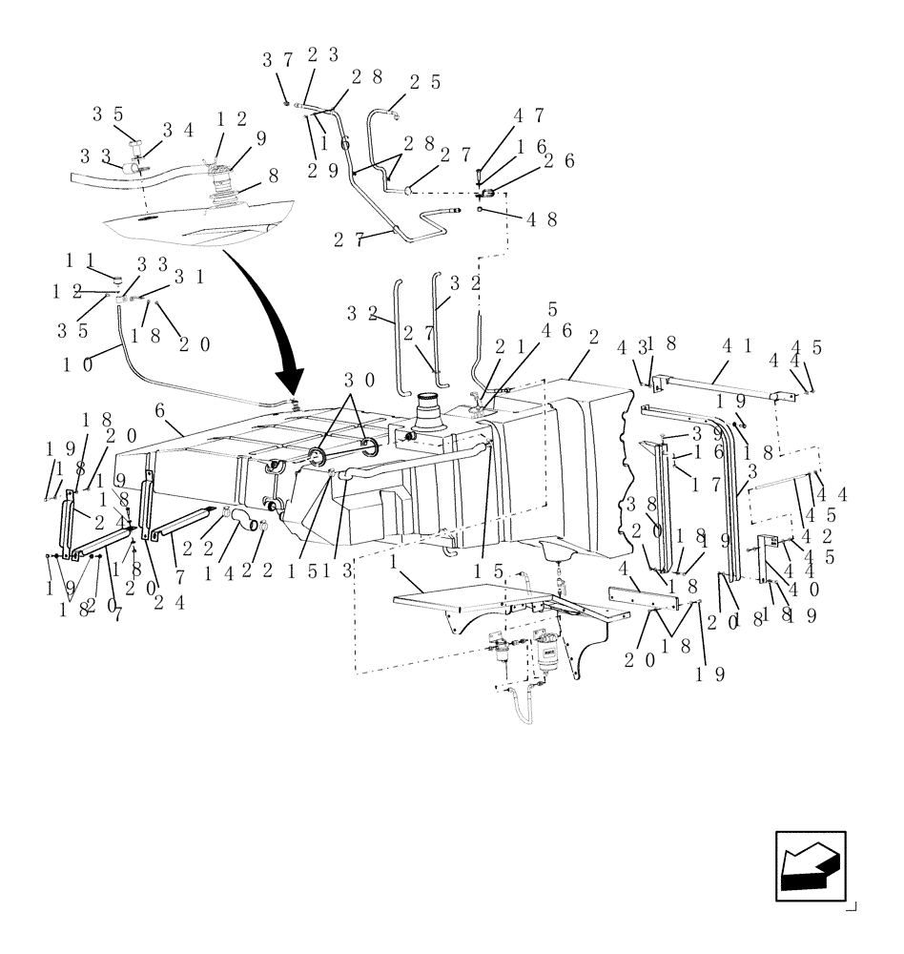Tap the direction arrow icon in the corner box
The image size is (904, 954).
(810, 866)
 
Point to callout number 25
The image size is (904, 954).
(425, 83)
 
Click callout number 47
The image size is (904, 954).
(529, 116)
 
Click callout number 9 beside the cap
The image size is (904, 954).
(260, 137)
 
